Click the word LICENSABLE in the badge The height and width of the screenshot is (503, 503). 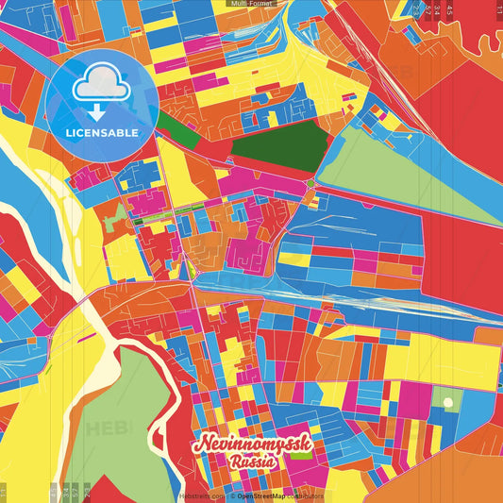pyautogui.click(x=101, y=132)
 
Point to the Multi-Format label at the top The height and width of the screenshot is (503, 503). pyautogui.click(x=251, y=5)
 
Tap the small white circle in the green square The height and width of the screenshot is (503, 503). pyautogui.click(x=447, y=403)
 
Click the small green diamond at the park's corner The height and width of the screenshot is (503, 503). pyautogui.click(x=310, y=183)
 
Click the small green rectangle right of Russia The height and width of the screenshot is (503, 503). pyautogui.click(x=301, y=454)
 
